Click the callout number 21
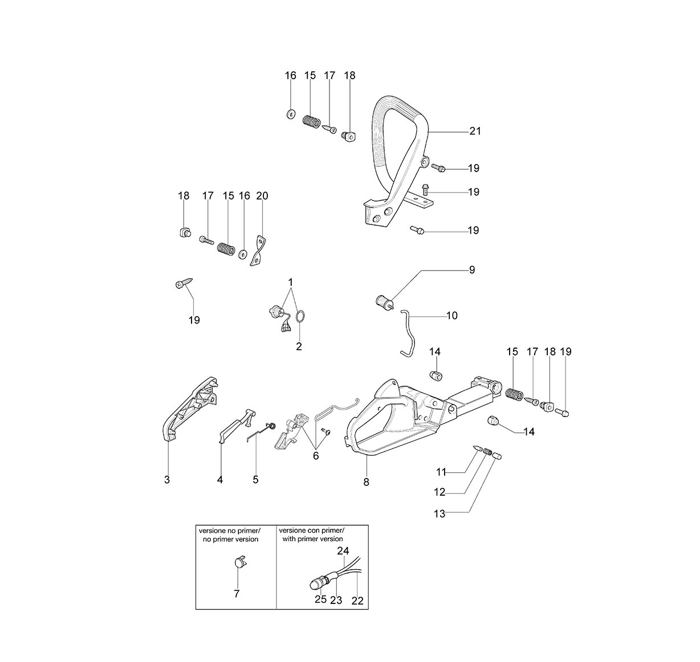point(475,132)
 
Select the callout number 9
point(472,270)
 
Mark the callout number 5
point(255,480)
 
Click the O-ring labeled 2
point(300,316)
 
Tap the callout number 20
point(262,196)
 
